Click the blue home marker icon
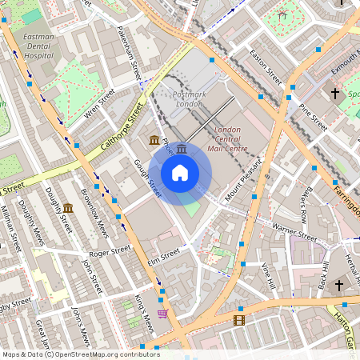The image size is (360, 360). coord(180,173)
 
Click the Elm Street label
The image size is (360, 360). coord(159,255)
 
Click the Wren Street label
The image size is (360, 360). coord(100,107)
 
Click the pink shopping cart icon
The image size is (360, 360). coord(162,314)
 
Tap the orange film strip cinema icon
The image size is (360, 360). coord(238,321)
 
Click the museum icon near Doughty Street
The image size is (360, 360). coord(68,209)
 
